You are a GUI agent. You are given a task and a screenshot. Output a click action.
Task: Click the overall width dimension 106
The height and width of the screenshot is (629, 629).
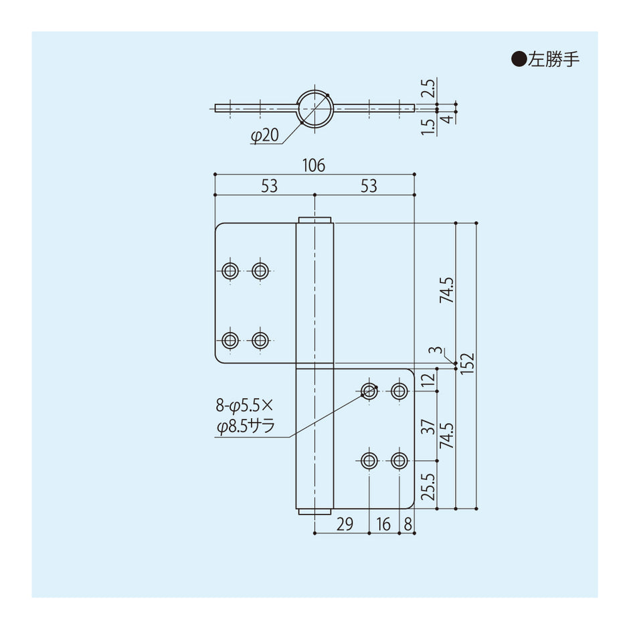(314, 165)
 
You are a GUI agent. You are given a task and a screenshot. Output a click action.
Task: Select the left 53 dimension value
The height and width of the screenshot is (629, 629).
(269, 187)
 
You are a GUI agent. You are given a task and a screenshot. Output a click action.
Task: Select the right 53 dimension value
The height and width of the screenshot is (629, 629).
(369, 187)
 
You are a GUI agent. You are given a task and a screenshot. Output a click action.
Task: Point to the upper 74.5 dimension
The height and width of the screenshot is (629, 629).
(447, 290)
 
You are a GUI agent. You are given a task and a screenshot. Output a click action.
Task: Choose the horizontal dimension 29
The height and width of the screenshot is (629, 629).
(344, 524)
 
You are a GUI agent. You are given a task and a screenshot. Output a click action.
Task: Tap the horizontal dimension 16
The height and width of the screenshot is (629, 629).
(383, 524)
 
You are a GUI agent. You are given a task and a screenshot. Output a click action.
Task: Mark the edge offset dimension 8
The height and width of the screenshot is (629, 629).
(408, 524)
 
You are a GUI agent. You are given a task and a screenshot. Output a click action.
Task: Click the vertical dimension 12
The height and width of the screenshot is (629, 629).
(428, 381)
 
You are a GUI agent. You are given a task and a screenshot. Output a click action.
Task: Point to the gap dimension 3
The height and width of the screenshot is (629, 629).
(436, 351)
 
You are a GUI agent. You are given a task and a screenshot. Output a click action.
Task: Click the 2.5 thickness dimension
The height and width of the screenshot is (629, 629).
(429, 88)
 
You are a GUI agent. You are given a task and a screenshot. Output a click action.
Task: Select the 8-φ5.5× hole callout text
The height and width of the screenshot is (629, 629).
(245, 405)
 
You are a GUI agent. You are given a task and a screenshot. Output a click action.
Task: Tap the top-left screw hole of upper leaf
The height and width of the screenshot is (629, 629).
(230, 270)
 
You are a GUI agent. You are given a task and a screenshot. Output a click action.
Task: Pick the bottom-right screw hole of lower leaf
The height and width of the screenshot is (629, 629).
(399, 460)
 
